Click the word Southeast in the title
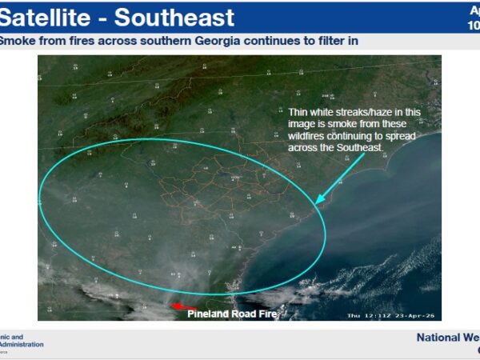(x=177, y=17)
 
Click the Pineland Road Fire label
(x=232, y=314)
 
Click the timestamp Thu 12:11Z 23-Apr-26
(x=391, y=314)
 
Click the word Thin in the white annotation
(x=299, y=113)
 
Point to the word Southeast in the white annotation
(x=362, y=149)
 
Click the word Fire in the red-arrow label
(x=267, y=314)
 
